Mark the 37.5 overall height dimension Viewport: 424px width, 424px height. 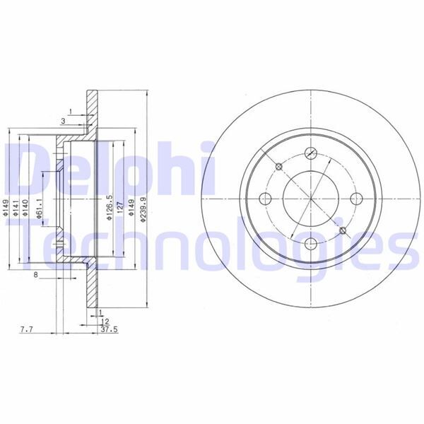click(109, 329)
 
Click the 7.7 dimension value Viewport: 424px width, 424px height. click(26, 329)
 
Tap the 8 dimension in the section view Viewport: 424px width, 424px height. click(35, 276)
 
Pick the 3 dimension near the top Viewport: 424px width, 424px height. click(63, 122)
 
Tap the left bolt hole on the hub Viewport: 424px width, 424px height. click(265, 199)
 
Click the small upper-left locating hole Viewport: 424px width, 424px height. click(278, 166)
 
